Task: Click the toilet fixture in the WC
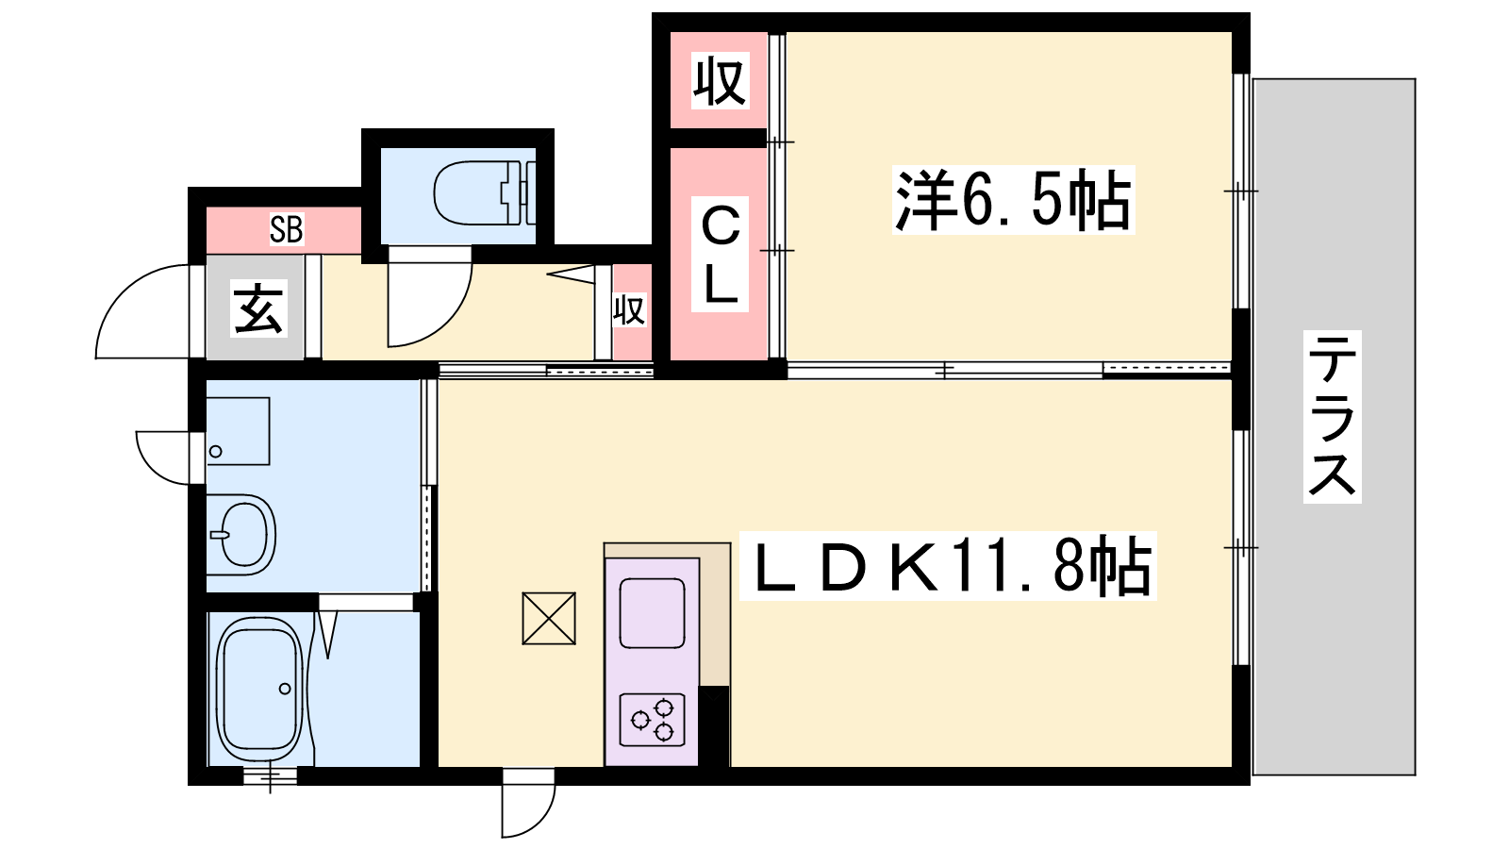(485, 192)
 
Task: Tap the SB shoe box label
(287, 229)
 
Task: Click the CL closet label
(721, 255)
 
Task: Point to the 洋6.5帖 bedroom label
(1013, 200)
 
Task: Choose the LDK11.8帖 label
(948, 566)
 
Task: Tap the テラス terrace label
(1332, 416)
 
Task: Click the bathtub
(260, 689)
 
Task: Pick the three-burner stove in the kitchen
(652, 720)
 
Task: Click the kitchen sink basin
(652, 612)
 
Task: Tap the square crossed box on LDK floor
(549, 619)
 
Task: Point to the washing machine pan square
(238, 431)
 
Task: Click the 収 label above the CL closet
(720, 81)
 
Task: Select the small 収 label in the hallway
(629, 310)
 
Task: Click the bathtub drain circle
(285, 689)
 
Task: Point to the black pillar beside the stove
(714, 726)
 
